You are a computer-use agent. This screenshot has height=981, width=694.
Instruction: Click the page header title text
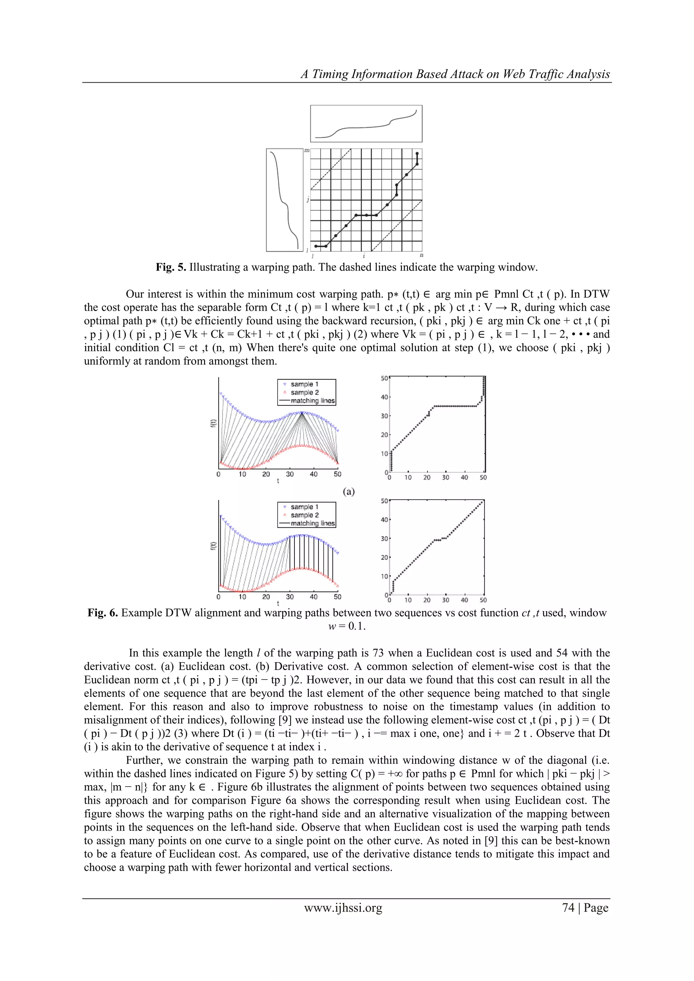pos(455,74)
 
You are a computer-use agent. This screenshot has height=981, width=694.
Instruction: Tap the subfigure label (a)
pos(349,492)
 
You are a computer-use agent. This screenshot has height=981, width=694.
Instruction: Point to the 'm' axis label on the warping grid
pos(307,150)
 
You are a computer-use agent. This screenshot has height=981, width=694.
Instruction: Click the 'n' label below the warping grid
pos(421,255)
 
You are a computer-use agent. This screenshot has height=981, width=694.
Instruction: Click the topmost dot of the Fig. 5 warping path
pos(417,154)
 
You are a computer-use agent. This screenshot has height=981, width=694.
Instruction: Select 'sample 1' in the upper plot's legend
pos(304,384)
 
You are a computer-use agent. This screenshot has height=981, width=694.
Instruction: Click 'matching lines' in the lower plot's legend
pos(312,523)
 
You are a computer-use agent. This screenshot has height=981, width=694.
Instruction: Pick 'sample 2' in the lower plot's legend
pos(304,515)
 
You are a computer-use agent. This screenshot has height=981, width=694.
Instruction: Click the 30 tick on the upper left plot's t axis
pos(290,474)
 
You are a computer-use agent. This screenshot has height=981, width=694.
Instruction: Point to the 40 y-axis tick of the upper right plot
pos(384,397)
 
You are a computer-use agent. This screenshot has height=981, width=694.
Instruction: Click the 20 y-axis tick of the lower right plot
pos(384,558)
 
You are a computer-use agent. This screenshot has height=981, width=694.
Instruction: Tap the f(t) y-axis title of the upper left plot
pos(213,423)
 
